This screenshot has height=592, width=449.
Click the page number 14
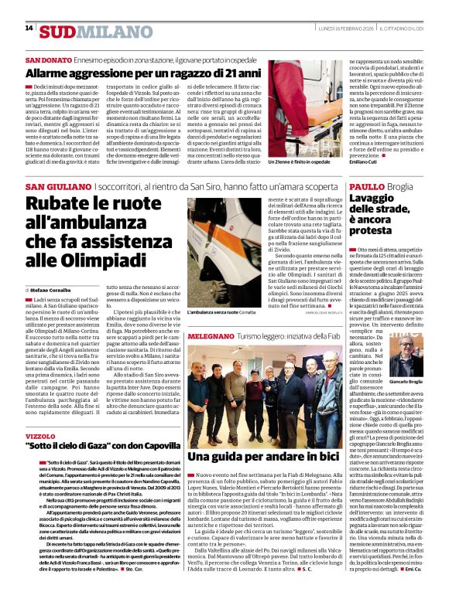tap(29, 29)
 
